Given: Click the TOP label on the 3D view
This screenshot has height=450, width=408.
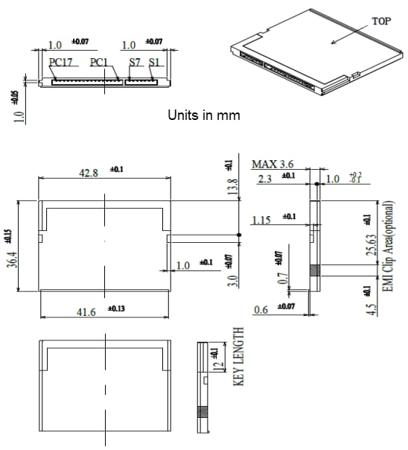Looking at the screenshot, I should point(380,22).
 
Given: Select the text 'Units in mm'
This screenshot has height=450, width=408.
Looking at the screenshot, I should point(203,116).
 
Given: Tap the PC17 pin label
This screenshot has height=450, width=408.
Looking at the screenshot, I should point(61,63).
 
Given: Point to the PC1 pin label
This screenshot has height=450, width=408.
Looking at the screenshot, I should point(100,63).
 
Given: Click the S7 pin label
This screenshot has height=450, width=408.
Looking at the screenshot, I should point(135,63).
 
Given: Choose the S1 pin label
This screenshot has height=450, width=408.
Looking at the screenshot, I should point(154,63).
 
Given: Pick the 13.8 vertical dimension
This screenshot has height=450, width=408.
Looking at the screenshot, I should point(232,186).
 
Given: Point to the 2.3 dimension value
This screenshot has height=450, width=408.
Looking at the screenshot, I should point(265,178).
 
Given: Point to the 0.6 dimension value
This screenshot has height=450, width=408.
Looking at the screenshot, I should point(260,309).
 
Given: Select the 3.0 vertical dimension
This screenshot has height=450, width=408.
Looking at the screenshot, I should point(232,281).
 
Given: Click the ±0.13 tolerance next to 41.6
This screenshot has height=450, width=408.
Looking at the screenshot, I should point(118,307).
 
